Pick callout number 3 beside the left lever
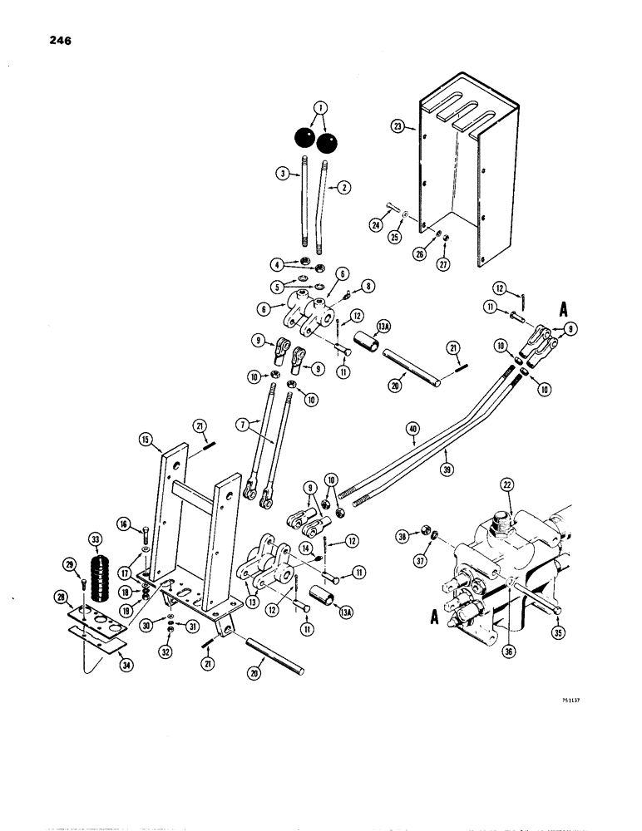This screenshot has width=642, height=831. tap(284, 174)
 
